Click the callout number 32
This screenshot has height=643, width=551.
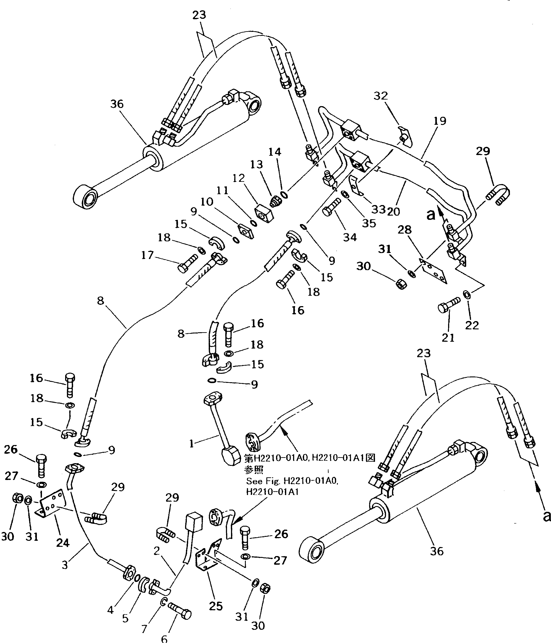tap(381, 96)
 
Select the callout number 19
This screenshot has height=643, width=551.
tap(439, 121)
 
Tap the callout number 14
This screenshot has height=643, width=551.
tap(275, 152)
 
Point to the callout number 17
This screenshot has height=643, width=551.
tap(148, 255)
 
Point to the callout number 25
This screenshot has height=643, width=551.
tap(216, 606)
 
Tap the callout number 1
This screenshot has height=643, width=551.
tap(191, 444)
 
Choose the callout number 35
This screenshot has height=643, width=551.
tap(369, 223)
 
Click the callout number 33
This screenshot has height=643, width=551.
tap(378, 209)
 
